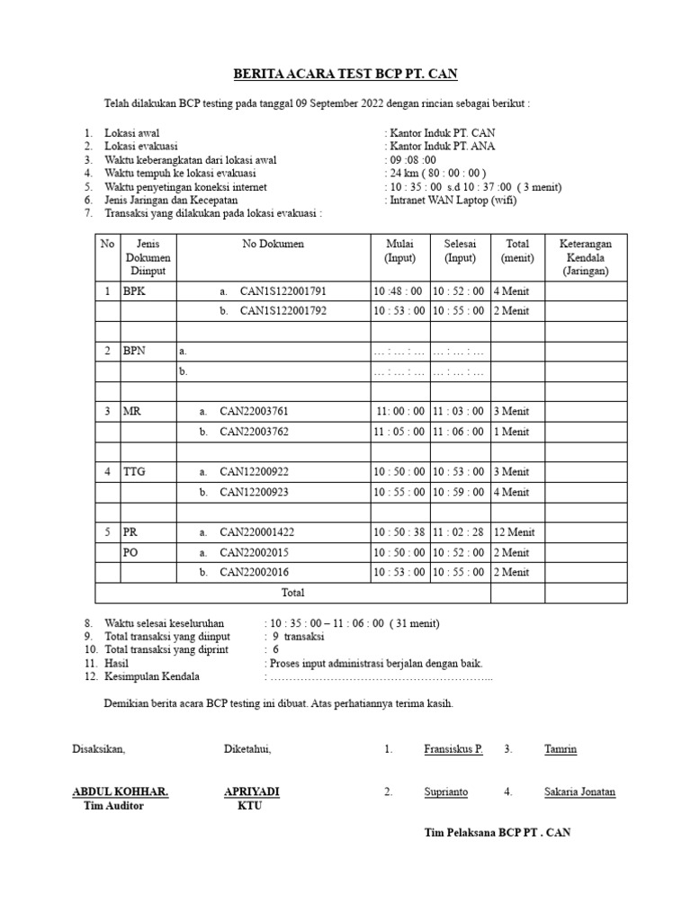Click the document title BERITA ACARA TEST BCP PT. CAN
[x=346, y=73]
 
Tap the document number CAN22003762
[x=255, y=432]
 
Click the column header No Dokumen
[x=273, y=244]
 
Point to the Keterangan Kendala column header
[x=586, y=256]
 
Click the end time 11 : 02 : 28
[x=459, y=532]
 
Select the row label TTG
[x=133, y=471]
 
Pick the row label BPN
[x=134, y=351]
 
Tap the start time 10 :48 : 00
[x=398, y=291]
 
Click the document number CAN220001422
[x=257, y=532]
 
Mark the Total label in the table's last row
[x=293, y=593]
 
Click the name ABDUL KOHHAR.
[x=120, y=791]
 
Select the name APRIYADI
[x=251, y=791]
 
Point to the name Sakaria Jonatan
[x=579, y=792]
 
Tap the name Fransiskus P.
[x=453, y=749]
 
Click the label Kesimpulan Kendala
[x=152, y=676]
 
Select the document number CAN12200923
[x=255, y=492]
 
